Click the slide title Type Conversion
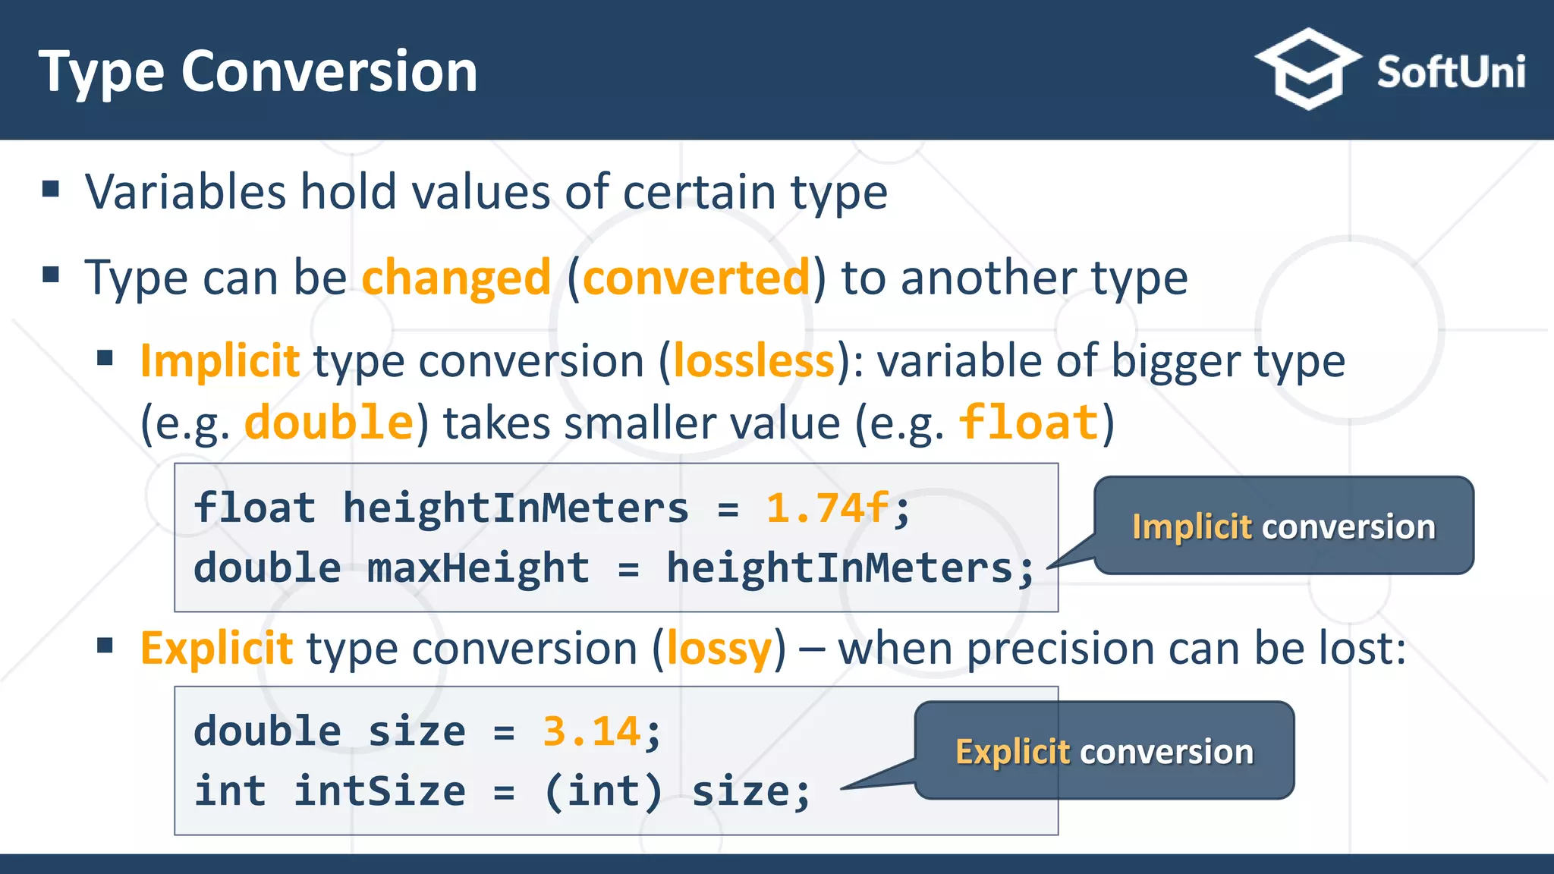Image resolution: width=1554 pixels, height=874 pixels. click(x=258, y=72)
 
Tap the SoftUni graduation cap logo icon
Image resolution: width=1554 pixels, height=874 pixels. click(x=1307, y=70)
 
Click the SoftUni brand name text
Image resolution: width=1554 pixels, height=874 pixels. click(x=1451, y=73)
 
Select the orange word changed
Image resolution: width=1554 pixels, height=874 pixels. click(x=456, y=278)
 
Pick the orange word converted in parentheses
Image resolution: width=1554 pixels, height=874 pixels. click(x=697, y=278)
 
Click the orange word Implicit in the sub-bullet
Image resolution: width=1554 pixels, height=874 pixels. click(x=220, y=360)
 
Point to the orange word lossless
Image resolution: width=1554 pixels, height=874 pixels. click(x=753, y=360)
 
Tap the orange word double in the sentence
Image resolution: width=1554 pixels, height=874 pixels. click(x=329, y=423)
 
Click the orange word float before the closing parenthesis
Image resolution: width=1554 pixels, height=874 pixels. click(x=1028, y=423)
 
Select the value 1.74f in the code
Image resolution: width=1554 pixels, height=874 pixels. click(x=827, y=508)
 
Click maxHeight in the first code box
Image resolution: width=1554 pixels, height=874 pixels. click(x=478, y=567)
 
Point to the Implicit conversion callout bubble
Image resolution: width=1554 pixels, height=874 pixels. click(x=1283, y=526)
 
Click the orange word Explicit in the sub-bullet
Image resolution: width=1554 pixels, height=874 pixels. click(x=217, y=649)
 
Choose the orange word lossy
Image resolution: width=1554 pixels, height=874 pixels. click(x=719, y=649)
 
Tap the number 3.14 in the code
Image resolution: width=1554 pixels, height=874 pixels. click(x=592, y=732)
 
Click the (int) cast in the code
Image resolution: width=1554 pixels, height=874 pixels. click(x=603, y=791)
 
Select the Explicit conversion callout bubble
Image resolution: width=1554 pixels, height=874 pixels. click(x=1104, y=751)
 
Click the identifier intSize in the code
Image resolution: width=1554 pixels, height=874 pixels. click(x=379, y=791)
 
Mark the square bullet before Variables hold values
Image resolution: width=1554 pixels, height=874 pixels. click(x=51, y=189)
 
